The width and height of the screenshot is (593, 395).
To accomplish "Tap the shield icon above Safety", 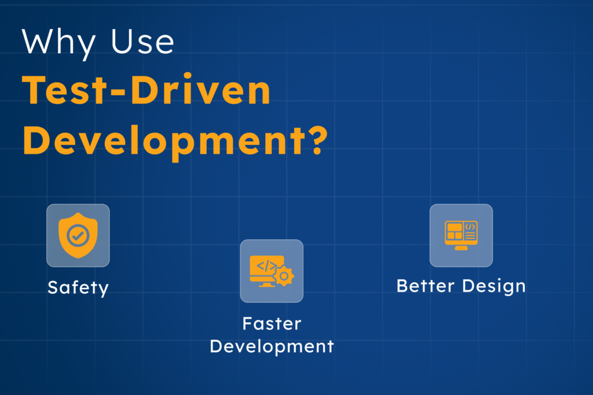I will pos(78,235).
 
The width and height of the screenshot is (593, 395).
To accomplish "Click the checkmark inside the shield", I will pos(78,235).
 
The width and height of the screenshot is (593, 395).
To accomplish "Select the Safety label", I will pos(78,287).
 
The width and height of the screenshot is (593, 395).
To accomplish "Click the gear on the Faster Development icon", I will pos(284,276).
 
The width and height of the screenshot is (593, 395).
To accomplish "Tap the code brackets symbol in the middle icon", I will pos(266,267).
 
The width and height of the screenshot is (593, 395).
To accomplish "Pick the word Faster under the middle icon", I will pos(272,323).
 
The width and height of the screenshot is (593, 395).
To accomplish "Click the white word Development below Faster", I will pos(272,346).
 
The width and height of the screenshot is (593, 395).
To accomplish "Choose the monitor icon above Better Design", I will pos(461,235).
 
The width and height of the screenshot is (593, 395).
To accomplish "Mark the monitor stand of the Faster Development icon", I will pos(267,284).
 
